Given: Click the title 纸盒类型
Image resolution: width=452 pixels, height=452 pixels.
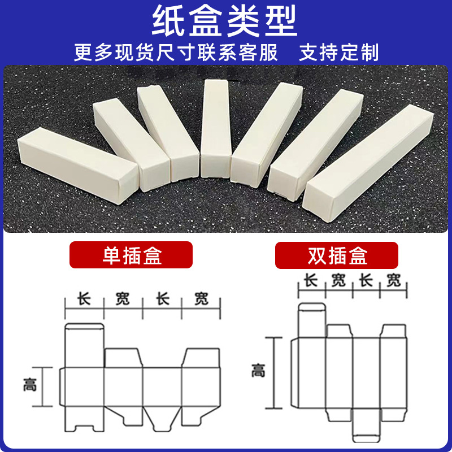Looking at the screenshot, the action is (x=225, y=22).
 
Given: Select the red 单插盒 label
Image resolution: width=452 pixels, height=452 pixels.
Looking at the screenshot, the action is (x=131, y=255).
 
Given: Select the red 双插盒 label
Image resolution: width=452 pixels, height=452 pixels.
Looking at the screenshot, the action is (x=337, y=255).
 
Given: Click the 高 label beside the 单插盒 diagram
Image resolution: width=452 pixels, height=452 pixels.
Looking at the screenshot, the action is (x=30, y=385).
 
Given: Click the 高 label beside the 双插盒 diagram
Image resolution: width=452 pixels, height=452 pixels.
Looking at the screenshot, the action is (x=258, y=371).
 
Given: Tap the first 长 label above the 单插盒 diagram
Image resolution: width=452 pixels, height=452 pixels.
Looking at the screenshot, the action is (x=84, y=298).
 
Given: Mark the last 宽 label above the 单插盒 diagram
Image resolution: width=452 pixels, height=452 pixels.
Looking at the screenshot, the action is (x=201, y=298).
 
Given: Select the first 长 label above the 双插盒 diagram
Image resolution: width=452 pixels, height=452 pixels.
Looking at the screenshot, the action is (x=311, y=280).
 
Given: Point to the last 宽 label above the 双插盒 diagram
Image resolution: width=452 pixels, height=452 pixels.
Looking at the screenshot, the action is (x=394, y=280).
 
